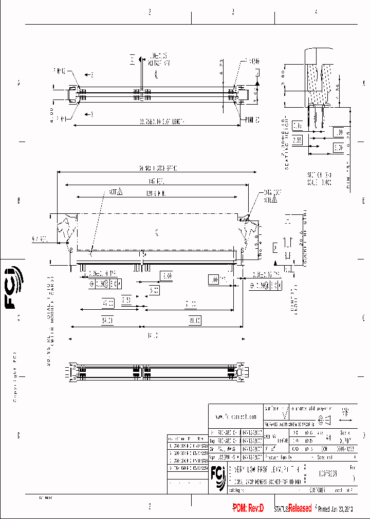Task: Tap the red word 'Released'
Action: [x=300, y=508]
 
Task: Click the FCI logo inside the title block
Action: [x=217, y=476]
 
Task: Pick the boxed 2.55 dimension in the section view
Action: [x=298, y=139]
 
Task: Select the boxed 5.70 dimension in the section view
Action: [x=338, y=147]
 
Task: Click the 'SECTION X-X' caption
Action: [x=319, y=174]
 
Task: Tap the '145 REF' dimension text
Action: [x=157, y=181]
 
